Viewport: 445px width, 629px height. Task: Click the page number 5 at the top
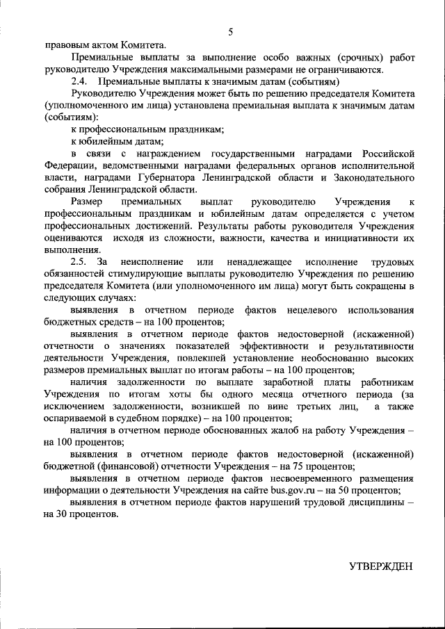tap(229, 31)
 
